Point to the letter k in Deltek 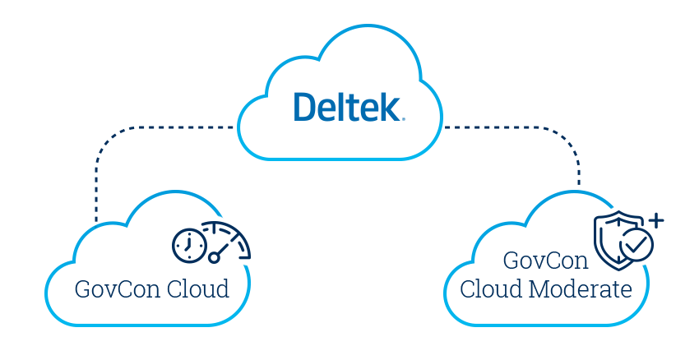(x=390, y=107)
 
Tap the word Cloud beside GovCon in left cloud (x=197, y=290)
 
